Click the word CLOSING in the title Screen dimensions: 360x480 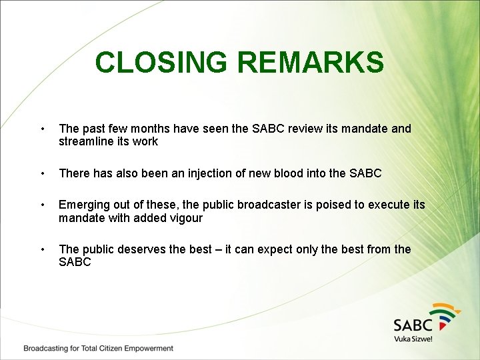(x=162, y=63)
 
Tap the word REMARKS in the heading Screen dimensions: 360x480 (x=310, y=63)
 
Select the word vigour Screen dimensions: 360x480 (x=185, y=218)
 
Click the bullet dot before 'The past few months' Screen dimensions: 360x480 (x=42, y=129)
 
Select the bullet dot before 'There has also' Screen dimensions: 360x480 (x=42, y=173)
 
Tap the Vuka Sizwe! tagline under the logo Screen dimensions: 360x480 (x=413, y=339)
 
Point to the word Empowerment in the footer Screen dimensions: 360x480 (x=147, y=348)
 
